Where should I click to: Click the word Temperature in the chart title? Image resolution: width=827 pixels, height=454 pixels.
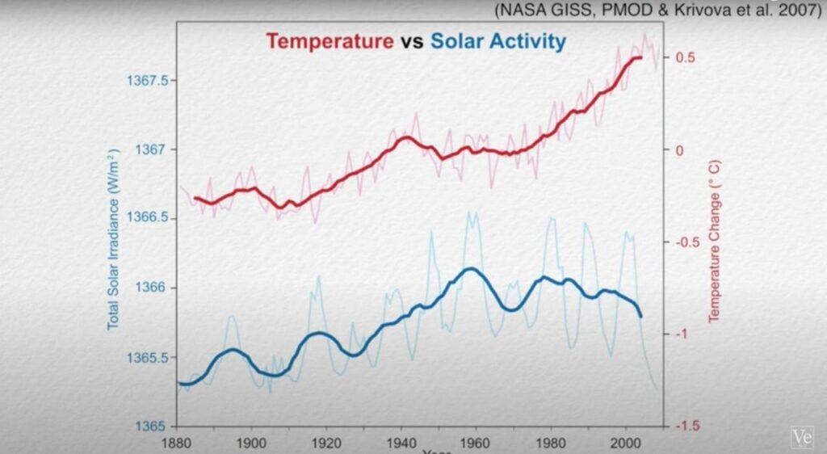(x=329, y=41)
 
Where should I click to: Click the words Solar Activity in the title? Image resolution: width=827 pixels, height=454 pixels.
(x=498, y=41)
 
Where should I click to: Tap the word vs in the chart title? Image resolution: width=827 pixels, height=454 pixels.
(x=412, y=41)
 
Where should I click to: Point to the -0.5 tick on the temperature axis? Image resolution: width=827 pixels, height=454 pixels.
(x=682, y=242)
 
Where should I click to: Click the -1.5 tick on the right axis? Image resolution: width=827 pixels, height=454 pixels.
(x=682, y=426)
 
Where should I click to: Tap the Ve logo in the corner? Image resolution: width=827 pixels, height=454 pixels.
(x=803, y=437)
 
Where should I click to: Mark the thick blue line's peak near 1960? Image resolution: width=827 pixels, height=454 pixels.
(x=472, y=269)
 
